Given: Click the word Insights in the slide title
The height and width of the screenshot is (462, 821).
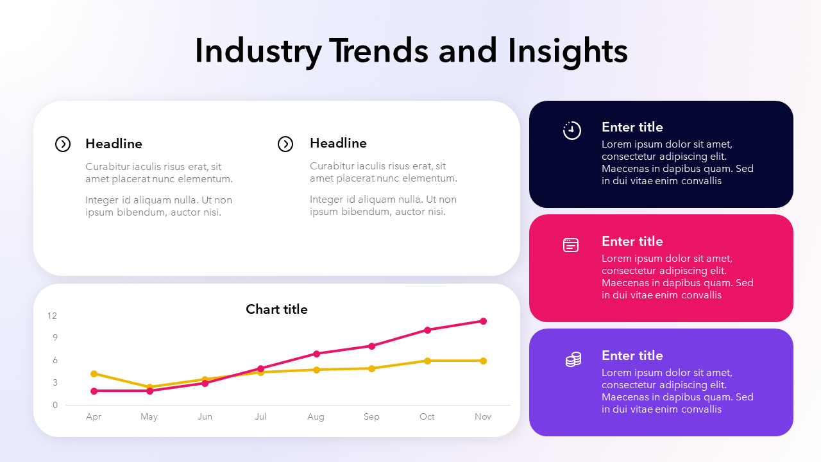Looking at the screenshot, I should [568, 51].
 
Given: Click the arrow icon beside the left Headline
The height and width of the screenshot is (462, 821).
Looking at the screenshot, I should [63, 144].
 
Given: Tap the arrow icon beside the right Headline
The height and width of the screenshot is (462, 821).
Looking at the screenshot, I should [285, 144].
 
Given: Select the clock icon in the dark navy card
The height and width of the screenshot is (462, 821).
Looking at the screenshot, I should [571, 130].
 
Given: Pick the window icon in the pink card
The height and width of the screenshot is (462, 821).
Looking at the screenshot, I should [571, 245].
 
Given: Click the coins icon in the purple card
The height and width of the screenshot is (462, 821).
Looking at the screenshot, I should [573, 359].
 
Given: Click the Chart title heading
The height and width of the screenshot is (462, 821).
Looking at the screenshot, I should [276, 309].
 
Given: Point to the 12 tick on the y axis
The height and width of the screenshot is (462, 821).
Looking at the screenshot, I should [52, 316].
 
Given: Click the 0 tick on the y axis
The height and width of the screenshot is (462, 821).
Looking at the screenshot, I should [55, 405].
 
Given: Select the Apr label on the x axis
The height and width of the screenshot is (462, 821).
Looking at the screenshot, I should [94, 416].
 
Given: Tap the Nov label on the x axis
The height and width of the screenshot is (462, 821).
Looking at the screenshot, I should [483, 416].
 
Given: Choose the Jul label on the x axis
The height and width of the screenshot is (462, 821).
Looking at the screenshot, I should [260, 416].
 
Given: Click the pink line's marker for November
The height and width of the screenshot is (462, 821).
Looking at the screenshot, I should [483, 321].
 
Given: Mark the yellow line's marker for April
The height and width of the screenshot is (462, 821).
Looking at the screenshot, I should [94, 373].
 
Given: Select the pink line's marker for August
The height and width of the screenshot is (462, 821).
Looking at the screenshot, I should [316, 354].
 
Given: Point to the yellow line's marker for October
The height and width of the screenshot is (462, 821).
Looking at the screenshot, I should [427, 361].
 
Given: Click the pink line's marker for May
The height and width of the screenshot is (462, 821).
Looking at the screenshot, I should [149, 391].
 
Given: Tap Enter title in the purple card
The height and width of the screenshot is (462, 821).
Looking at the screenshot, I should [632, 355].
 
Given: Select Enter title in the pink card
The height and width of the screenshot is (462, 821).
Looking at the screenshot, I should [632, 241].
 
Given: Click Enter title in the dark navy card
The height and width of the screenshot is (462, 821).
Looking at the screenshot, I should [632, 127].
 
